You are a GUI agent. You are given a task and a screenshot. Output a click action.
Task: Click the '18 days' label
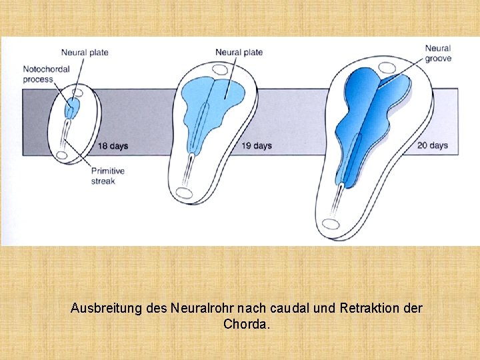[113, 146]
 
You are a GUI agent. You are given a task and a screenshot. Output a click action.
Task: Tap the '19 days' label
[257, 146]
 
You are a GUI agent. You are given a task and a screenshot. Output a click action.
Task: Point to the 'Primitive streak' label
[107, 176]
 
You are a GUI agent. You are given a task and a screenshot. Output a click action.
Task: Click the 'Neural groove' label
[438, 53]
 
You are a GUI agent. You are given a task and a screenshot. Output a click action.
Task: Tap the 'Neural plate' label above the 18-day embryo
[85, 53]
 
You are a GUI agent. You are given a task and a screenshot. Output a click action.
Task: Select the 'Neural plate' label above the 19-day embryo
[239, 53]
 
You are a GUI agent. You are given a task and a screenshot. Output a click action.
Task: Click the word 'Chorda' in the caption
[245, 325]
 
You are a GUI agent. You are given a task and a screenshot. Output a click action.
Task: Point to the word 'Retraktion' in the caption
[372, 309]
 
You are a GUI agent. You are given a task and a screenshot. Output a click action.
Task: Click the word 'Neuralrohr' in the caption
[201, 309]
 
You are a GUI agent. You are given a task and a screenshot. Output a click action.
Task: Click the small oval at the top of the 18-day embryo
[78, 93]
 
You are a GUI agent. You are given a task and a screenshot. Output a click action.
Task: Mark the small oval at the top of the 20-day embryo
[386, 67]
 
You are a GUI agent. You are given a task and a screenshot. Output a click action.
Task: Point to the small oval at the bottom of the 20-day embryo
[331, 225]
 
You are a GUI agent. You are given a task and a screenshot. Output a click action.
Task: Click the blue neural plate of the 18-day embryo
[71, 107]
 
